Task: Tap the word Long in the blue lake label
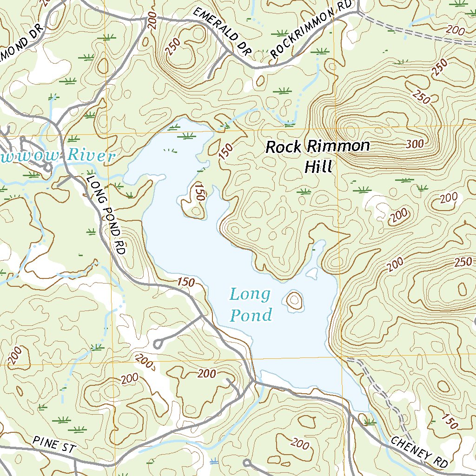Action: pyautogui.click(x=250, y=294)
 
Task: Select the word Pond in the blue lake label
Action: pyautogui.click(x=251, y=316)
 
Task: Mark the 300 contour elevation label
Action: pyautogui.click(x=415, y=144)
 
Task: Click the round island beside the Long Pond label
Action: pyautogui.click(x=294, y=301)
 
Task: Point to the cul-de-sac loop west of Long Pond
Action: pyautogui.click(x=158, y=344)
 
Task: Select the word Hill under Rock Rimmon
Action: pyautogui.click(x=318, y=166)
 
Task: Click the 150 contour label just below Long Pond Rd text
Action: pyautogui.click(x=186, y=282)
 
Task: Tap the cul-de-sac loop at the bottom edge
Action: pyautogui.click(x=246, y=463)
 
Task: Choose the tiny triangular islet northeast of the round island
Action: pyautogui.click(x=313, y=272)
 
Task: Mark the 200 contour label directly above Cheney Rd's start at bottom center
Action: pyautogui.click(x=300, y=444)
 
